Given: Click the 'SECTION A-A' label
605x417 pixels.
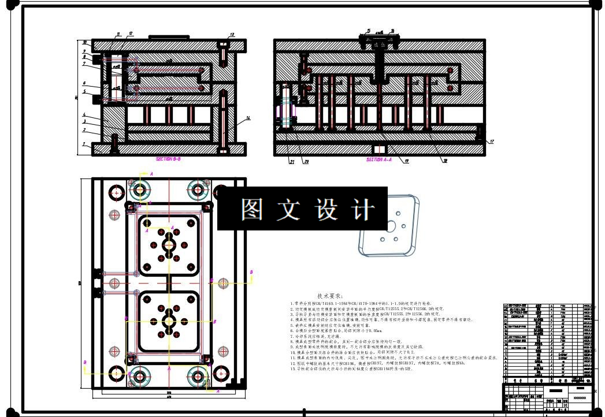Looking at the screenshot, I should [379, 159].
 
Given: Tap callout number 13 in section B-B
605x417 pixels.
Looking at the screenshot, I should [232, 35].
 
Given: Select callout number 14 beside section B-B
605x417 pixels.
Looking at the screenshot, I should [248, 118].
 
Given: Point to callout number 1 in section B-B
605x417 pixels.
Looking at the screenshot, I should [84, 144].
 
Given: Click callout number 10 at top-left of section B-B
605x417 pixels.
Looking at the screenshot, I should [84, 43].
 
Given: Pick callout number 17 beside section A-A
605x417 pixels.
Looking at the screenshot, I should [492, 142].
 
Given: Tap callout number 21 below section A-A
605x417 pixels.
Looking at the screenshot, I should [292, 162].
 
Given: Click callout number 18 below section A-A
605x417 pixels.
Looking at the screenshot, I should [445, 162].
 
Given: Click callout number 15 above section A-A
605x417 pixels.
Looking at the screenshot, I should [369, 31].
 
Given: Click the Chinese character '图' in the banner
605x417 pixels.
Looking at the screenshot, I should [251, 210].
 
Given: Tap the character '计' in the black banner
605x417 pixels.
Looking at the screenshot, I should [362, 210].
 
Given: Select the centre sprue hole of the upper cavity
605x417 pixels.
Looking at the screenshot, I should [169, 245].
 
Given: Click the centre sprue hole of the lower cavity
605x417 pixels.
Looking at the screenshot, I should [169, 321].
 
